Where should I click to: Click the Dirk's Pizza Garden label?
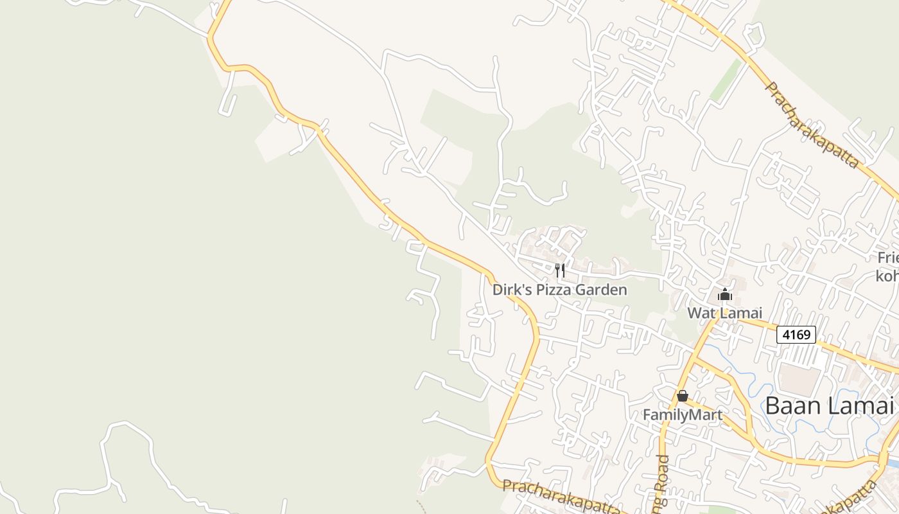559,290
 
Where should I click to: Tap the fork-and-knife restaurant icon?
560,270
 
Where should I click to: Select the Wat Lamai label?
724,313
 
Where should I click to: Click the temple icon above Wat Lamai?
725,295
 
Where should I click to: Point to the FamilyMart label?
683,415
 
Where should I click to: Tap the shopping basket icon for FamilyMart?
682,396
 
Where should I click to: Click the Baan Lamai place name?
829,406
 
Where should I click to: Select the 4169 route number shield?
796,334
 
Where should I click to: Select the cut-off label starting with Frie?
888,258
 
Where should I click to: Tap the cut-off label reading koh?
887,276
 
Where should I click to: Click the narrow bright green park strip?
726,80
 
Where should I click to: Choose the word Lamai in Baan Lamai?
861,406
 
